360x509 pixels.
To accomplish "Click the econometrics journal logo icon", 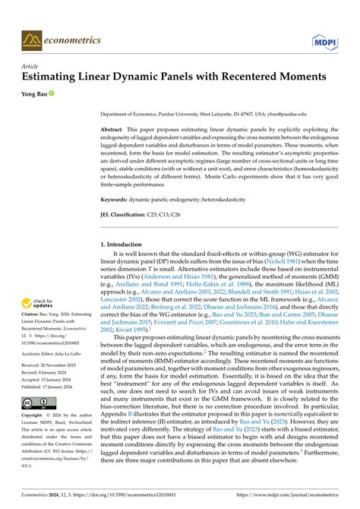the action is pyautogui.click(x=31, y=38).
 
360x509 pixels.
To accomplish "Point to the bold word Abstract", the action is pyautogui.click(x=114, y=130).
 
